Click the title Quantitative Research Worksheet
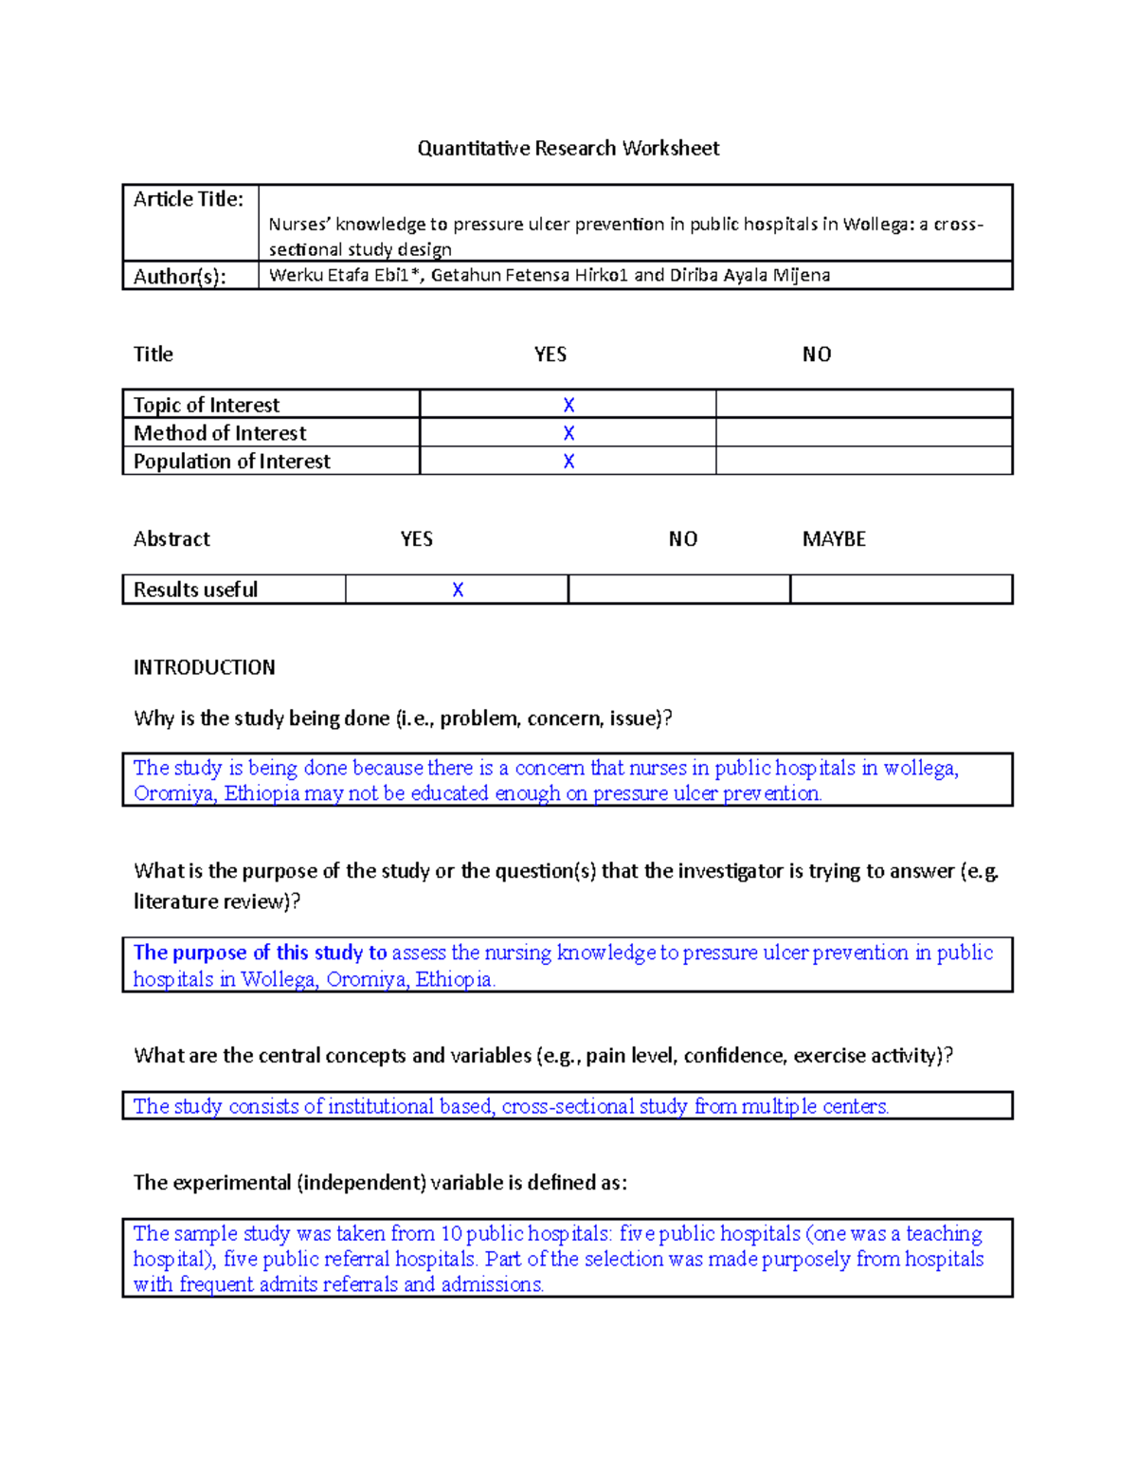[568, 148]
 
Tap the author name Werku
[296, 275]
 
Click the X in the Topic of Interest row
[568, 405]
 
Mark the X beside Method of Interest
[568, 433]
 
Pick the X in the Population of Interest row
[568, 462]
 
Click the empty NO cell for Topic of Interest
[863, 405]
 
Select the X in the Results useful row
[458, 590]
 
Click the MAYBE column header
[834, 539]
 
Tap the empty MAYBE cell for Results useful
[901, 590]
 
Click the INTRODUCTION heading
[205, 667]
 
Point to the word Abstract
[171, 539]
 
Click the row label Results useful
[195, 590]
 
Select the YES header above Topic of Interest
[550, 354]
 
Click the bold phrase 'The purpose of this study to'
[260, 953]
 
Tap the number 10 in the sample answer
[451, 1233]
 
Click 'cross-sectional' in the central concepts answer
[567, 1106]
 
